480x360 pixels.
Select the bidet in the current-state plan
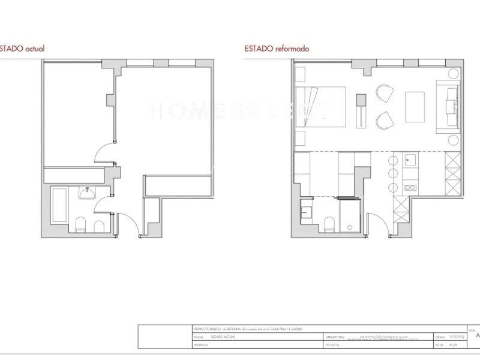click(99, 226)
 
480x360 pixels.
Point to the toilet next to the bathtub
click(82, 226)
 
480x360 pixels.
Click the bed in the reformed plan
click(321, 107)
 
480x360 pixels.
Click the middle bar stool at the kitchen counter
click(393, 173)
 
